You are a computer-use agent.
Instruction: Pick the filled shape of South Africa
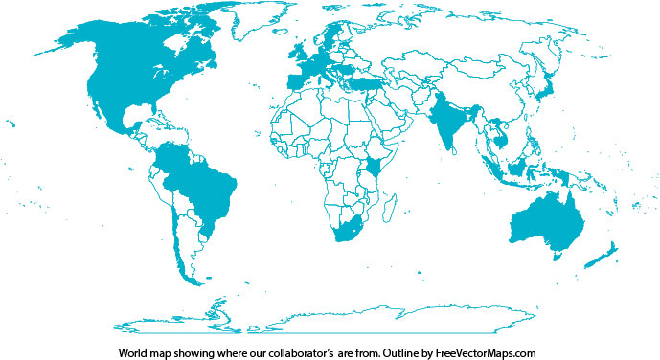point(345,234)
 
